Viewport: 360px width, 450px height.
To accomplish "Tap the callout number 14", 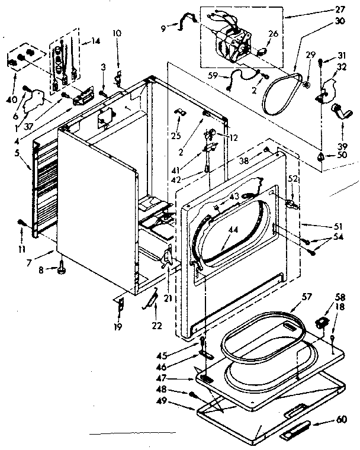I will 95,41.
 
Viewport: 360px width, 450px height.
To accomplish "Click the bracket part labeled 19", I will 121,305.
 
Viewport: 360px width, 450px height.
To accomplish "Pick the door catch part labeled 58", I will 323,322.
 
